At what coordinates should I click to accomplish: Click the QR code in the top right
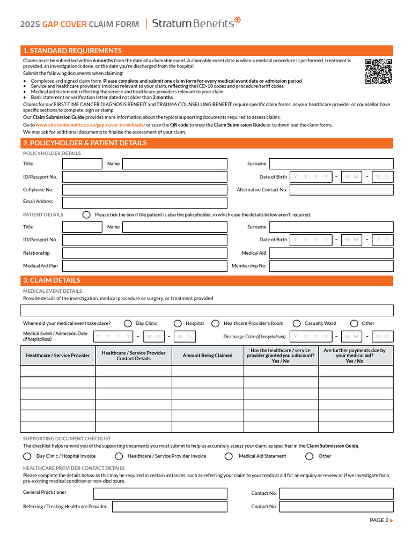pyautogui.click(x=378, y=71)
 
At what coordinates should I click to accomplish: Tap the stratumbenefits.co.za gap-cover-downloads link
pyautogui.click(x=90, y=125)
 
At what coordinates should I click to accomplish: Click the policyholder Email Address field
pyautogui.click(x=144, y=202)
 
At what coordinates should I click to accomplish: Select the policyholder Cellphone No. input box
pyautogui.click(x=144, y=190)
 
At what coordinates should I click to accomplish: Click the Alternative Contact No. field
pyautogui.click(x=341, y=190)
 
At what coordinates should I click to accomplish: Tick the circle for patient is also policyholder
pyautogui.click(x=86, y=214)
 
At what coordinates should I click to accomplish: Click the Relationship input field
pyautogui.click(x=144, y=253)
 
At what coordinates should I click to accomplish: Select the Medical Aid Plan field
pyautogui.click(x=144, y=266)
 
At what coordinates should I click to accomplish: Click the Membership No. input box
pyautogui.click(x=330, y=266)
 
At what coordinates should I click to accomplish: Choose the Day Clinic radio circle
pyautogui.click(x=128, y=323)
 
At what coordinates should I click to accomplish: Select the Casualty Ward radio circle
pyautogui.click(x=296, y=323)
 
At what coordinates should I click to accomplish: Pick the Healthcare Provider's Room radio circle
pyautogui.click(x=215, y=323)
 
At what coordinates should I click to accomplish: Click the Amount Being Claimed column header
pyautogui.click(x=208, y=355)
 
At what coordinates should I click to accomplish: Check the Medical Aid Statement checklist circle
pyautogui.click(x=229, y=456)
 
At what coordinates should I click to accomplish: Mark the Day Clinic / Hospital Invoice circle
pyautogui.click(x=27, y=456)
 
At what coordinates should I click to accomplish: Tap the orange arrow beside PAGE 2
pyautogui.click(x=392, y=520)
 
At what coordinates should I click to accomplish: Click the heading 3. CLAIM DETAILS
pyautogui.click(x=51, y=280)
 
